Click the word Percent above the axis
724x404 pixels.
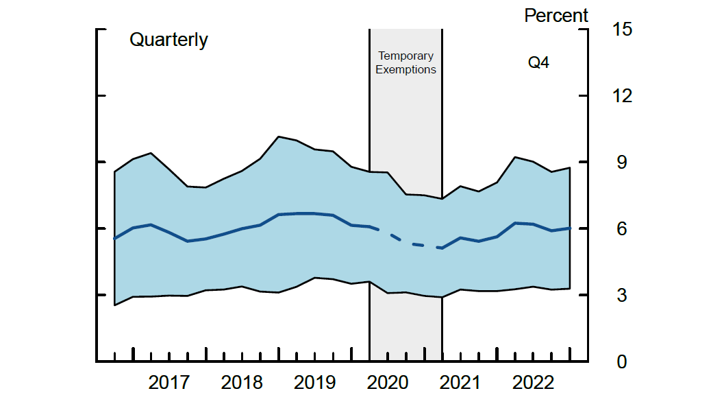[x=556, y=15]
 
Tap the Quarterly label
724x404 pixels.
[x=168, y=40]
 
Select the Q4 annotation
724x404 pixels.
[x=538, y=63]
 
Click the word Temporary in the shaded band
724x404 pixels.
[x=405, y=56]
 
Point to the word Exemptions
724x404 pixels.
[x=405, y=69]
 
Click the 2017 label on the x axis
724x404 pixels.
[x=169, y=383]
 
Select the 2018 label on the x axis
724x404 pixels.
[x=242, y=383]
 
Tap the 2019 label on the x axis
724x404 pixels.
[x=314, y=383]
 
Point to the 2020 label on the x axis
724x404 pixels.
[x=388, y=383]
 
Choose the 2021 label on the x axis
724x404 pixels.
[x=460, y=383]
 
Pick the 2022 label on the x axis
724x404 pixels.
[x=533, y=383]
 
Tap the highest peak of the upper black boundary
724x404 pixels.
[x=278, y=136]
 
